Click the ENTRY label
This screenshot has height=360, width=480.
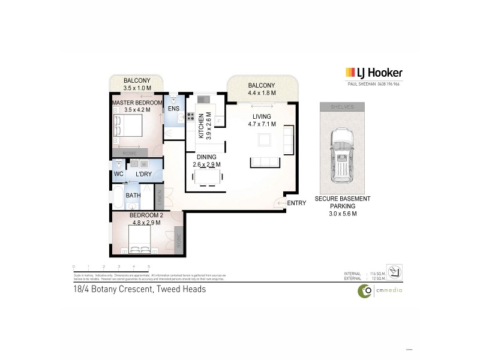(x=296, y=203)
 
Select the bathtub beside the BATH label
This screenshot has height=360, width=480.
(x=118, y=196)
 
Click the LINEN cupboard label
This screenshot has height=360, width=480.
(x=160, y=196)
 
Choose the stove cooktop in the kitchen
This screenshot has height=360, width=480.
(x=190, y=117)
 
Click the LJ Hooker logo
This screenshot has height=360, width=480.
(x=374, y=73)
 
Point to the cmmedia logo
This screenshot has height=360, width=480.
(x=380, y=290)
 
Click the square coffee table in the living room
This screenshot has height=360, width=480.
(x=265, y=140)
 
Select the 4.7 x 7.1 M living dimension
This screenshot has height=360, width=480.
(x=262, y=125)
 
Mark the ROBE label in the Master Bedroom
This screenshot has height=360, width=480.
(x=128, y=153)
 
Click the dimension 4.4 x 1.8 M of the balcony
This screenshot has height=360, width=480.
(x=262, y=93)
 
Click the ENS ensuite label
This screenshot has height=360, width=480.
(x=173, y=109)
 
